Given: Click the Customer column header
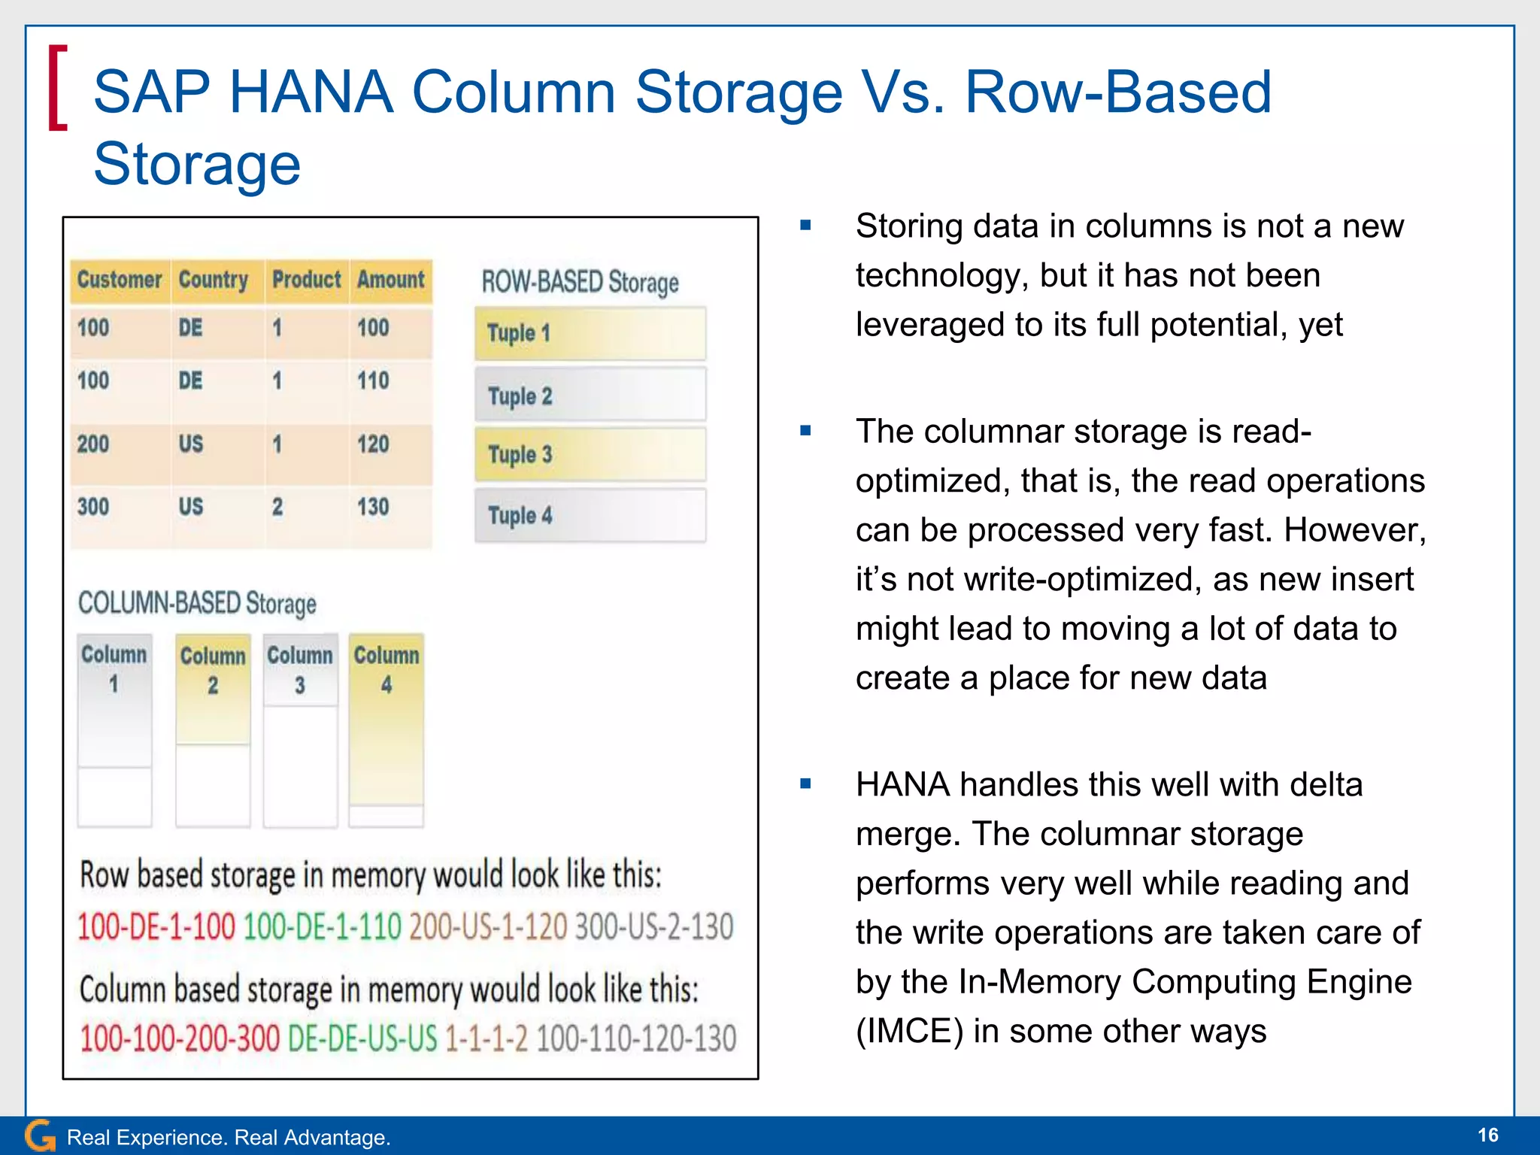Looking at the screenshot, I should click(x=120, y=280).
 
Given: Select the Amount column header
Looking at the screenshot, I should click(x=390, y=280).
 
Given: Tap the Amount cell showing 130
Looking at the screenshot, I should click(x=373, y=507).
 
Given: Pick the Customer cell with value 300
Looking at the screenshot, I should click(x=93, y=507).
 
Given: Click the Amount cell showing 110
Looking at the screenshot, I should click(x=373, y=380).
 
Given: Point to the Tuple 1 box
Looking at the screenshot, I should click(x=590, y=333).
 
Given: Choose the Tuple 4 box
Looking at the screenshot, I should click(x=590, y=516).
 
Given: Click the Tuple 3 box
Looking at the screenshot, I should click(x=590, y=455).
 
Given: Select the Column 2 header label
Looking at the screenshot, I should click(x=213, y=670).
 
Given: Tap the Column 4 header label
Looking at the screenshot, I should click(x=387, y=669).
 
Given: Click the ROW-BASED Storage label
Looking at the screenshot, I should click(x=580, y=282).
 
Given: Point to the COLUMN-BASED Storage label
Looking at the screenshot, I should click(x=197, y=603).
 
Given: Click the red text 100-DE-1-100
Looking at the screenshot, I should click(x=156, y=926).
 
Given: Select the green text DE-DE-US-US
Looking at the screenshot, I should click(x=362, y=1038).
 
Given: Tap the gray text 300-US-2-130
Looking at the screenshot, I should click(x=653, y=926).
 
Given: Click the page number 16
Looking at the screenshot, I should click(x=1487, y=1135).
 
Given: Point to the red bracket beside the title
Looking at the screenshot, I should click(x=57, y=88).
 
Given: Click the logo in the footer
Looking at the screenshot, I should click(x=40, y=1135).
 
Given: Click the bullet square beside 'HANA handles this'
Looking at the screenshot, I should click(x=805, y=784).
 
